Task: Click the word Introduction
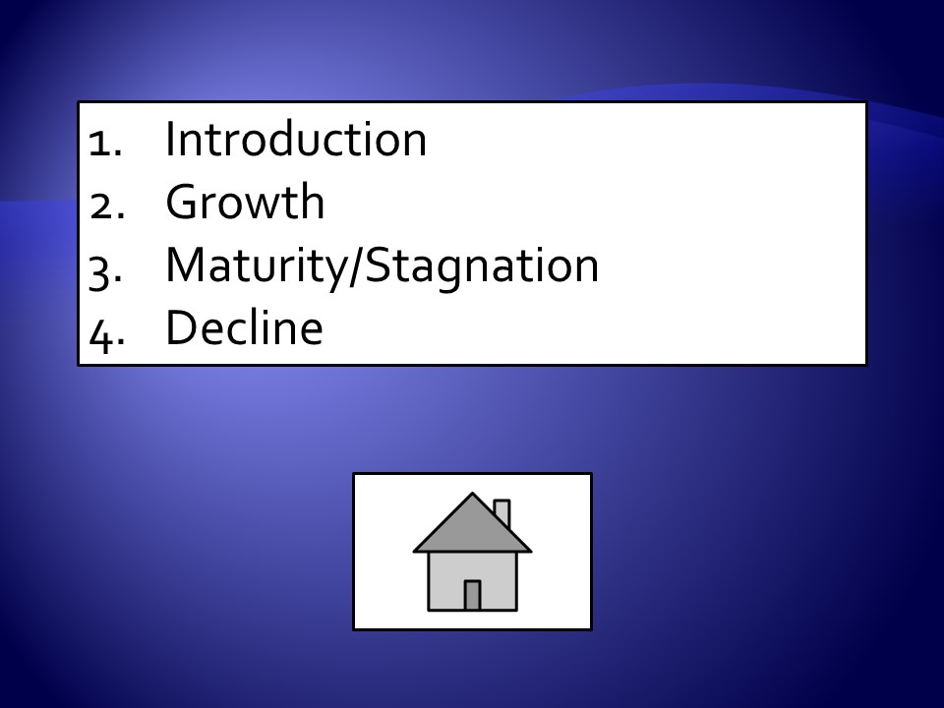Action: (x=296, y=139)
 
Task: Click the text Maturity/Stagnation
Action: (x=383, y=266)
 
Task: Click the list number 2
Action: (x=106, y=207)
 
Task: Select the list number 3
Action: (x=105, y=272)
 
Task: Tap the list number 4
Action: (x=106, y=336)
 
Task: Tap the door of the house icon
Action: (x=472, y=596)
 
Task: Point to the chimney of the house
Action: (x=502, y=511)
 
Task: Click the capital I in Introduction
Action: (x=169, y=139)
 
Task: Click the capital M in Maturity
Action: (x=190, y=265)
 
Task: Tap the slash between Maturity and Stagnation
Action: (x=356, y=266)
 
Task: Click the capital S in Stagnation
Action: (x=378, y=265)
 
